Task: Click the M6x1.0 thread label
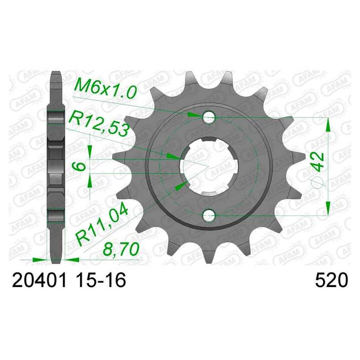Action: coord(105,88)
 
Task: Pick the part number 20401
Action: coord(39,280)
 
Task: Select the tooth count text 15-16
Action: coord(101,280)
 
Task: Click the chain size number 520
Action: coord(332,280)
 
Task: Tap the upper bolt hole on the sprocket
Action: coord(208,117)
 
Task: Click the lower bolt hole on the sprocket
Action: coord(208,216)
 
